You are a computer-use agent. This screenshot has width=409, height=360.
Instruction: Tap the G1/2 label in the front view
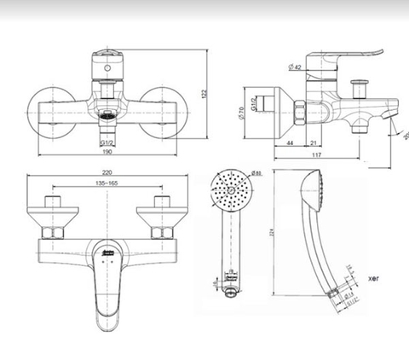click(107, 142)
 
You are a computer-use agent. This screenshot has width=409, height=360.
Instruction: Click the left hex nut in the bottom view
click(54, 230)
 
